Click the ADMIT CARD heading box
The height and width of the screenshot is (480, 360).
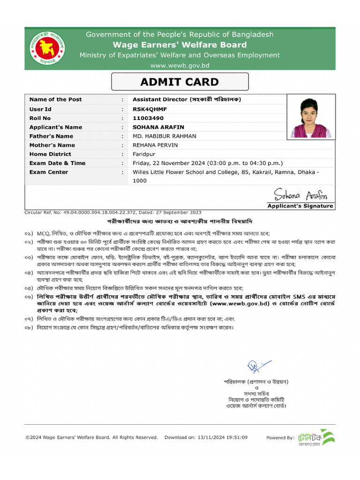click(180, 82)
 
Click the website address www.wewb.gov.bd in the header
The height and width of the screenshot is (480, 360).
click(180, 66)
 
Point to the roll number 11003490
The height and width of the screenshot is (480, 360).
click(148, 118)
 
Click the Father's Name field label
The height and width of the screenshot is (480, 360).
click(51, 136)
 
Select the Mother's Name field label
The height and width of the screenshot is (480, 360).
click(52, 145)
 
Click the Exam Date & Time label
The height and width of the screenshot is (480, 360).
click(57, 163)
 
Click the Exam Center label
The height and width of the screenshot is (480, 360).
click(48, 172)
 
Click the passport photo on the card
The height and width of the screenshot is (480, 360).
click(310, 118)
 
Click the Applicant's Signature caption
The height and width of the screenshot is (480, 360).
click(300, 206)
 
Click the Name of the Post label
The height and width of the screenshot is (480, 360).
click(55, 99)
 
